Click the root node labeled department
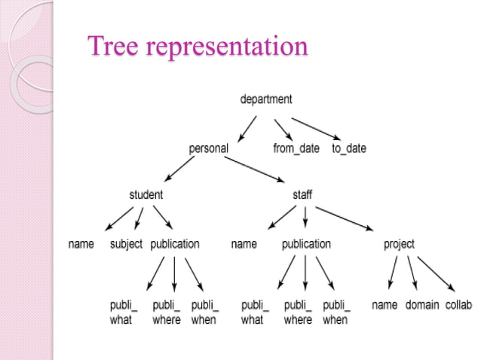[265, 99]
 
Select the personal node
[208, 148]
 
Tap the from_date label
[296, 148]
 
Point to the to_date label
[349, 148]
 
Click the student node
[146, 194]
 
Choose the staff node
[302, 194]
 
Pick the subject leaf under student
[126, 244]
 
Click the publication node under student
[175, 244]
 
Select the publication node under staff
[306, 244]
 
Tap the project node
[399, 244]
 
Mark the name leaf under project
[385, 305]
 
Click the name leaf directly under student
[81, 244]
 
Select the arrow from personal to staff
[256, 168]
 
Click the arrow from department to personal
[247, 129]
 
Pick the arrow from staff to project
[350, 218]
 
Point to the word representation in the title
[227, 47]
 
